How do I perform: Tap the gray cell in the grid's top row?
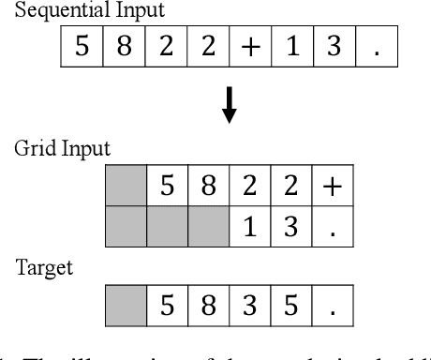(x=125, y=188)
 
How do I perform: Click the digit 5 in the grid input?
(x=167, y=188)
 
